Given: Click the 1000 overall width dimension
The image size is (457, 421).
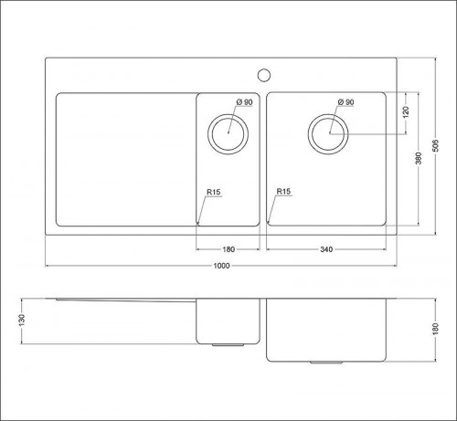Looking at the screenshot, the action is click(221, 266).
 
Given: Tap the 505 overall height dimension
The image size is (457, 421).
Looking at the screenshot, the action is click(436, 146).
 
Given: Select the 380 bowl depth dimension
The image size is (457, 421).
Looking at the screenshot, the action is click(419, 158).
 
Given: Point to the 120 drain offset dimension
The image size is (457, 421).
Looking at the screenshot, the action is click(406, 112).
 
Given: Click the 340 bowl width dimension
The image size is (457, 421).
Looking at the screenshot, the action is click(326, 249).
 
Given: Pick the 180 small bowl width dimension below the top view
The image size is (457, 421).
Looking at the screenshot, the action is click(228, 249).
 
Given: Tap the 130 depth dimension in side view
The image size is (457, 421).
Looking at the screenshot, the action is click(22, 321).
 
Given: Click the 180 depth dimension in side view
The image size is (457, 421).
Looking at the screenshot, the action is click(436, 329).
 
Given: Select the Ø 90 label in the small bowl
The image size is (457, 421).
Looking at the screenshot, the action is click(245, 102).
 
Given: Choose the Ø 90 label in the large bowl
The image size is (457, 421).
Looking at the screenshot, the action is click(346, 102).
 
